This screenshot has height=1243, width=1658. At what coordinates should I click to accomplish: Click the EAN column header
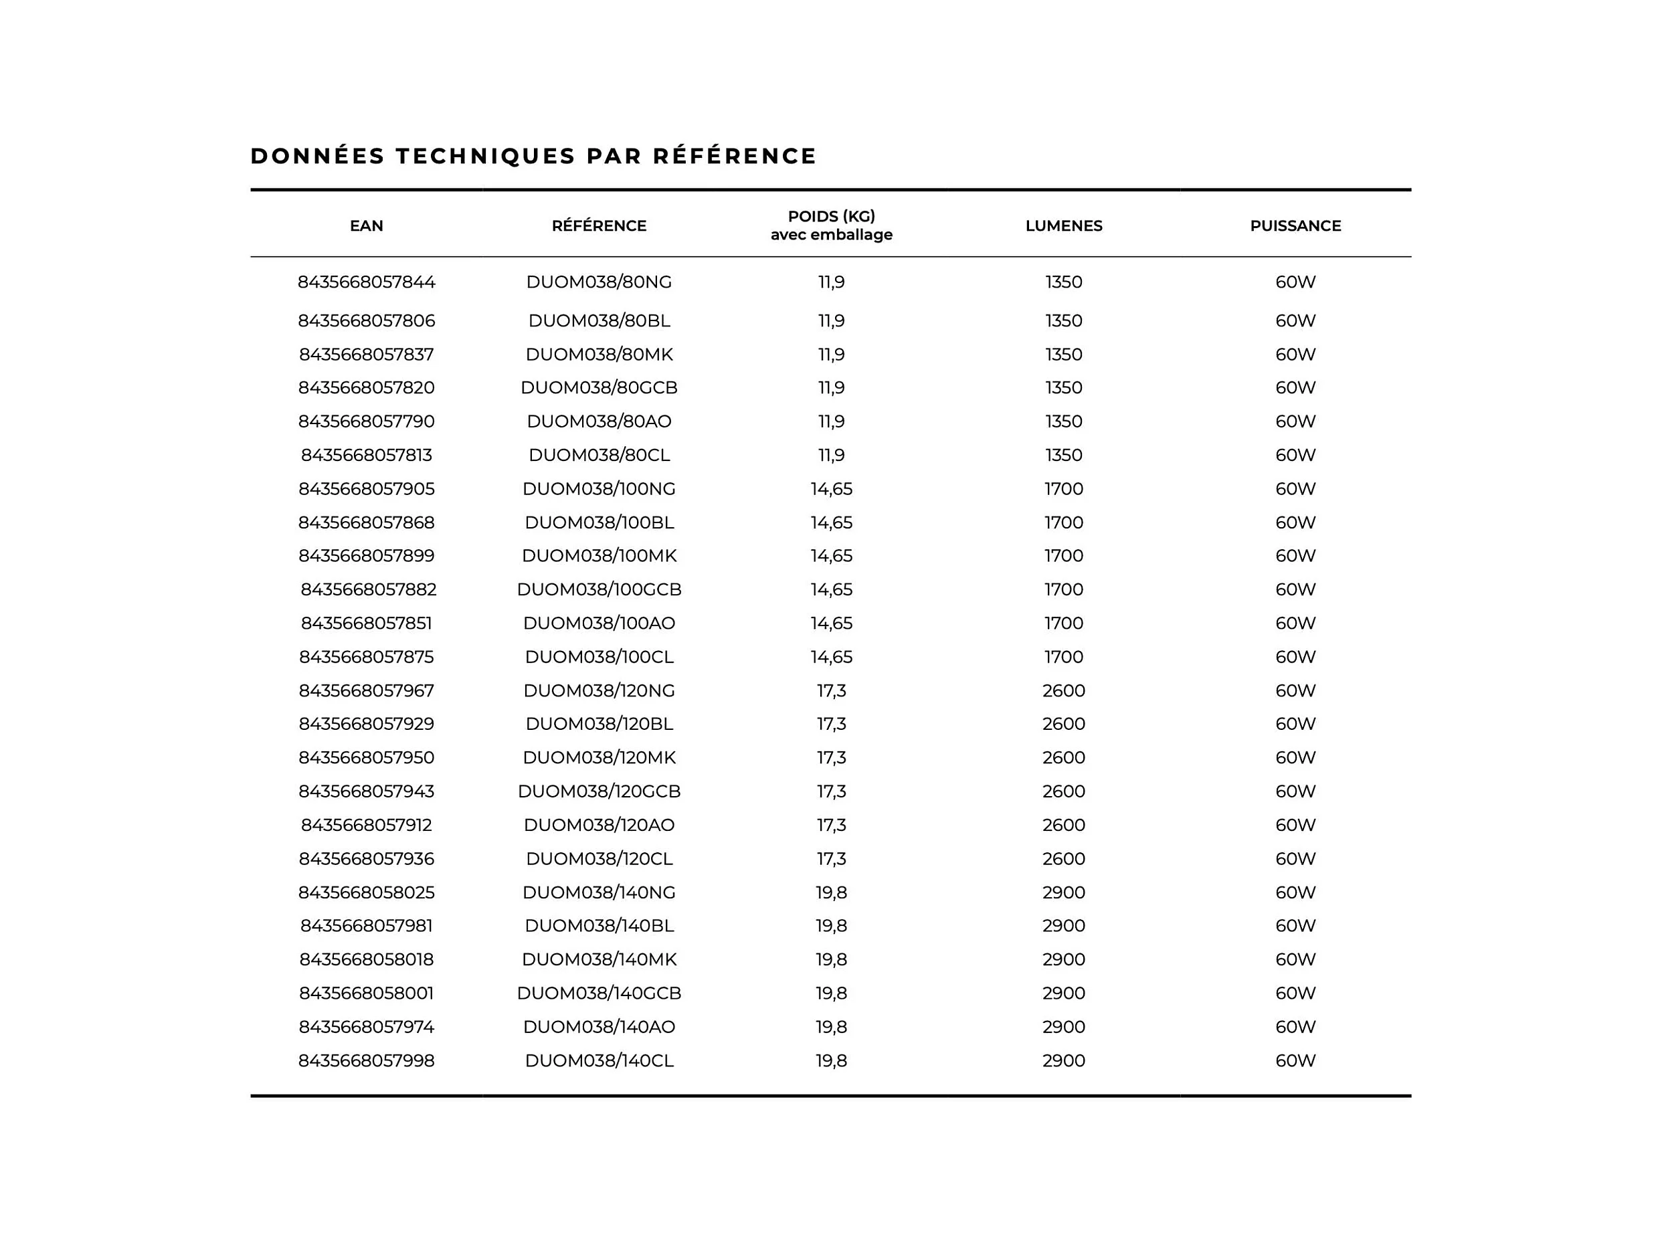[366, 225]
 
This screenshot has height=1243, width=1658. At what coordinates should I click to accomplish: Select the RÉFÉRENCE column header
[598, 225]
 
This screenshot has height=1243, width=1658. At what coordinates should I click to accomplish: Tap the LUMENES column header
[1063, 225]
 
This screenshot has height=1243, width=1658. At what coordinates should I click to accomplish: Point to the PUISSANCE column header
[1295, 225]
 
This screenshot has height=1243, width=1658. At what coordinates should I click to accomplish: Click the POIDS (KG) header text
[830, 217]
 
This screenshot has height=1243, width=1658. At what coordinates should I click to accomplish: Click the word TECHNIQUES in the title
[486, 156]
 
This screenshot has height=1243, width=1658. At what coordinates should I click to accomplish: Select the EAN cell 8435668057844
[366, 282]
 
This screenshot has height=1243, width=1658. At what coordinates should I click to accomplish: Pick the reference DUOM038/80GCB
[598, 388]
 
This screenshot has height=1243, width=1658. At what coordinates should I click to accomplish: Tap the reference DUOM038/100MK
[598, 556]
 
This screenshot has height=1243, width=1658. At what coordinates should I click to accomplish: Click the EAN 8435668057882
[368, 589]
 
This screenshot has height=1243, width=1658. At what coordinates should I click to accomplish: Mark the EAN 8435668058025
[366, 892]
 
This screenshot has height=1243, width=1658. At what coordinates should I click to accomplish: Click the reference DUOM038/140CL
[598, 1061]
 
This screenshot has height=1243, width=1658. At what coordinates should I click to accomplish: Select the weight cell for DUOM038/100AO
[830, 624]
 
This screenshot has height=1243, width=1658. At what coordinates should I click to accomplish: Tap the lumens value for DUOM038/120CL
[1063, 858]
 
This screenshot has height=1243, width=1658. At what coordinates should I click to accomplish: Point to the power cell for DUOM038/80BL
[1295, 320]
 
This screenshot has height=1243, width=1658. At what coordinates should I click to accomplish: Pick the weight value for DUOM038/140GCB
[830, 993]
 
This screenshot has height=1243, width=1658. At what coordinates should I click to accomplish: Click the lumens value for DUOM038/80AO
[1063, 421]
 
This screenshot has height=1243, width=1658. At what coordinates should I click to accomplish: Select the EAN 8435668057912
[366, 825]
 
